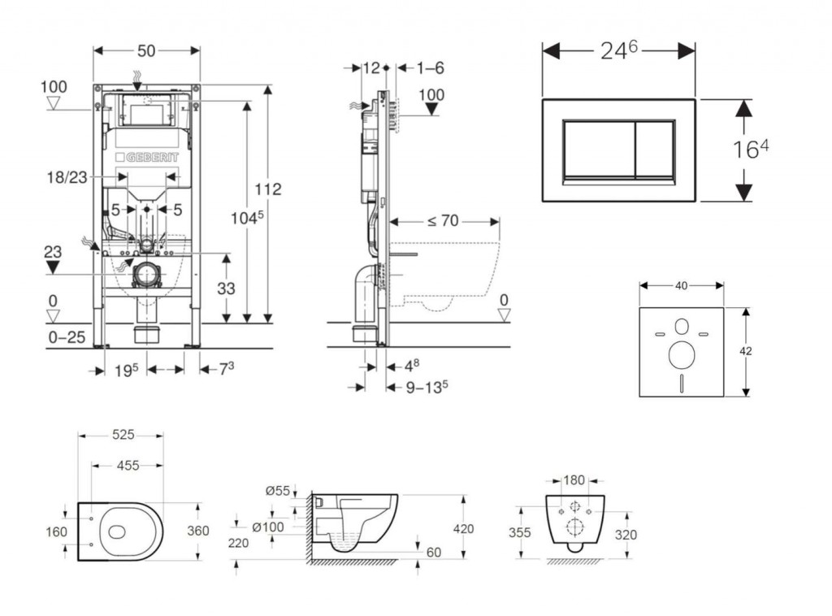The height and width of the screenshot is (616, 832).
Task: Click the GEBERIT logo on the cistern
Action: coord(147,156)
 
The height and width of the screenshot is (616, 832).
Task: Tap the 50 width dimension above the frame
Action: coord(146,50)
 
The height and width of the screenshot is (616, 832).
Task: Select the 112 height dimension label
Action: coord(267,189)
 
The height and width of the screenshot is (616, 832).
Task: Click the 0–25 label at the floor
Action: coord(65,336)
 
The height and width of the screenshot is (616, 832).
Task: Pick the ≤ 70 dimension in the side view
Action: coord(444,219)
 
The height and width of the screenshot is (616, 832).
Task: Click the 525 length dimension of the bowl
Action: coord(122,435)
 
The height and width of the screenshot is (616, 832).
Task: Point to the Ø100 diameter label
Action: coord(267,527)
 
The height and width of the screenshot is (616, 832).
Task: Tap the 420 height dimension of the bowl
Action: coord(464,528)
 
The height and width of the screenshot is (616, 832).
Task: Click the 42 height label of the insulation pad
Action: coord(746,351)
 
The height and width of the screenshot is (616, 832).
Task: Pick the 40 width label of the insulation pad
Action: coord(681,285)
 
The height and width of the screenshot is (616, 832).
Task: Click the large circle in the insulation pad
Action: coord(681,354)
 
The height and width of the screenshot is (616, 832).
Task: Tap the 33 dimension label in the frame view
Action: coord(226,288)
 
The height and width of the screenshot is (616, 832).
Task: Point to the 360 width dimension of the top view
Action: coord(197,531)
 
